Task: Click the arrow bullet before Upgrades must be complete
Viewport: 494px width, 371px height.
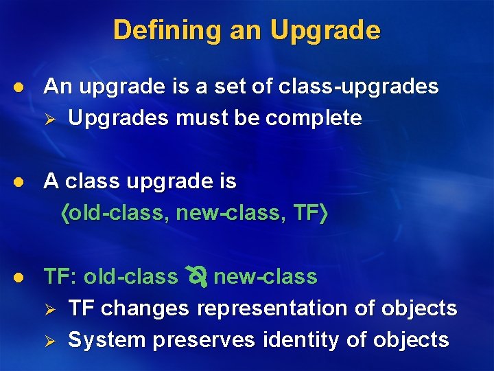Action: (x=49, y=118)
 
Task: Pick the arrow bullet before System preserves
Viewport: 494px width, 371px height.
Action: (x=49, y=340)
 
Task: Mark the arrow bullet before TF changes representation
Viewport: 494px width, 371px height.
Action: (x=49, y=309)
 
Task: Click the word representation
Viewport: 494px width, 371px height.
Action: (x=272, y=309)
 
